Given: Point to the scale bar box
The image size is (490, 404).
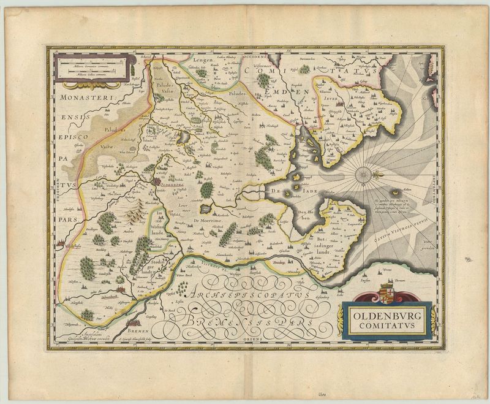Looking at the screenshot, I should click(92, 67).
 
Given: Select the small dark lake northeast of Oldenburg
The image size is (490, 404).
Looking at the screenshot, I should click(183, 139).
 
